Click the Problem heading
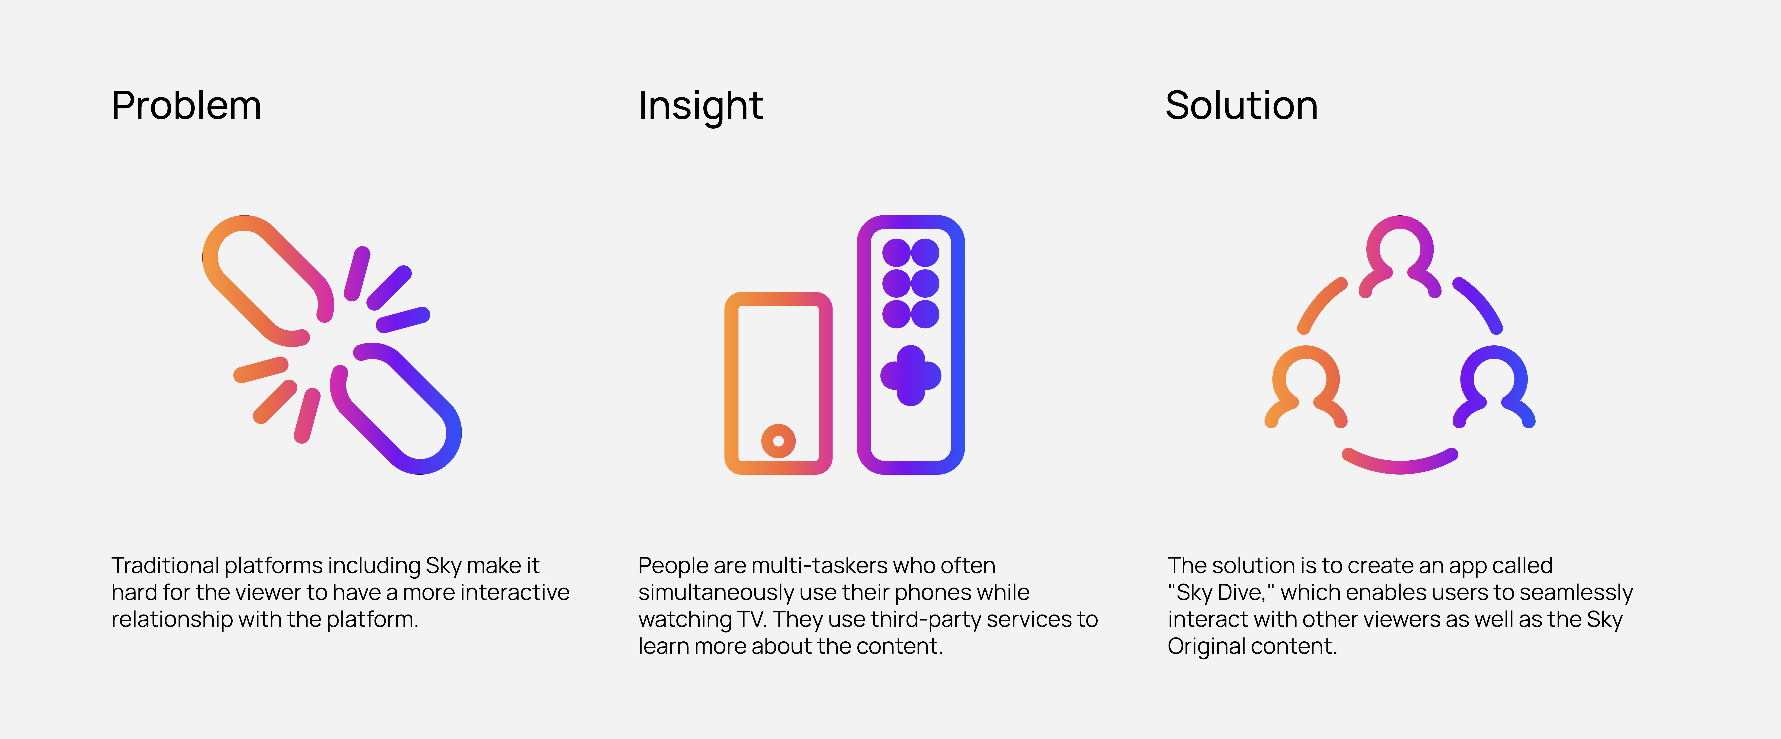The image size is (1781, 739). pos(186,106)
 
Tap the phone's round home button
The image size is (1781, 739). pos(778,441)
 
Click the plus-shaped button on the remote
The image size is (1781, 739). pos(910,375)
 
